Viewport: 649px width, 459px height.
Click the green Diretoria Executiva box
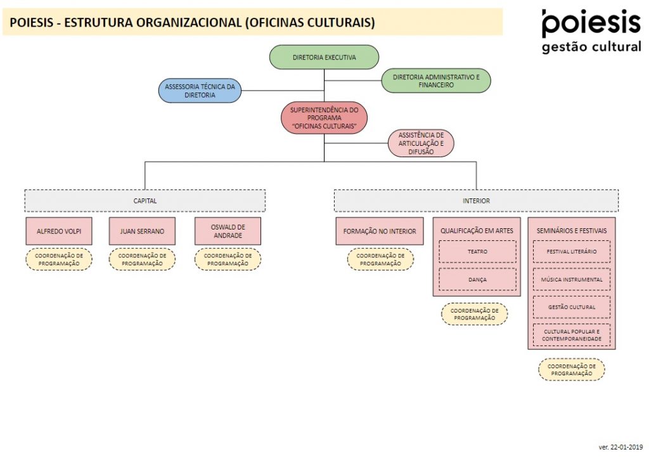tap(324, 57)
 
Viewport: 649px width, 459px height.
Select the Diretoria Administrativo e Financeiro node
tap(436, 81)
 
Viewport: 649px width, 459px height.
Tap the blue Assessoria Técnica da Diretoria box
tap(200, 91)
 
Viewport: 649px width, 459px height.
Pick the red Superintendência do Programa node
tap(324, 118)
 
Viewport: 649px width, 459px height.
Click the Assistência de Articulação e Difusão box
tap(421, 143)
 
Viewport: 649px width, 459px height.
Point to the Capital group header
tap(145, 201)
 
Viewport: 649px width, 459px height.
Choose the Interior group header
tap(477, 201)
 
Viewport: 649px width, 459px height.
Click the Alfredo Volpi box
tap(59, 231)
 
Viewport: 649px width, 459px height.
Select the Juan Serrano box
tap(142, 231)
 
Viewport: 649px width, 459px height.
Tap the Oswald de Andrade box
tap(228, 231)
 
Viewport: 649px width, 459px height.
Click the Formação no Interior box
tap(380, 231)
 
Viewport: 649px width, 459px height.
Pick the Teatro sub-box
tap(477, 252)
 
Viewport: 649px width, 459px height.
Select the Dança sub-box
tap(477, 280)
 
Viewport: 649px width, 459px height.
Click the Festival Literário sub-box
tap(572, 252)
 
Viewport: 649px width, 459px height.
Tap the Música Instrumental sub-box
tap(572, 280)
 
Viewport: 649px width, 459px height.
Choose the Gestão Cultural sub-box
tap(572, 307)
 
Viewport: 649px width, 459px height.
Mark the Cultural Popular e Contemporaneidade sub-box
tap(572, 335)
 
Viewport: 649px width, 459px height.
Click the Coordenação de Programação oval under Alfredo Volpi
tap(59, 259)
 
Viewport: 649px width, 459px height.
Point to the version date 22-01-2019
tap(620, 447)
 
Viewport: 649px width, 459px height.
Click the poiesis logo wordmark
tap(591, 23)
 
